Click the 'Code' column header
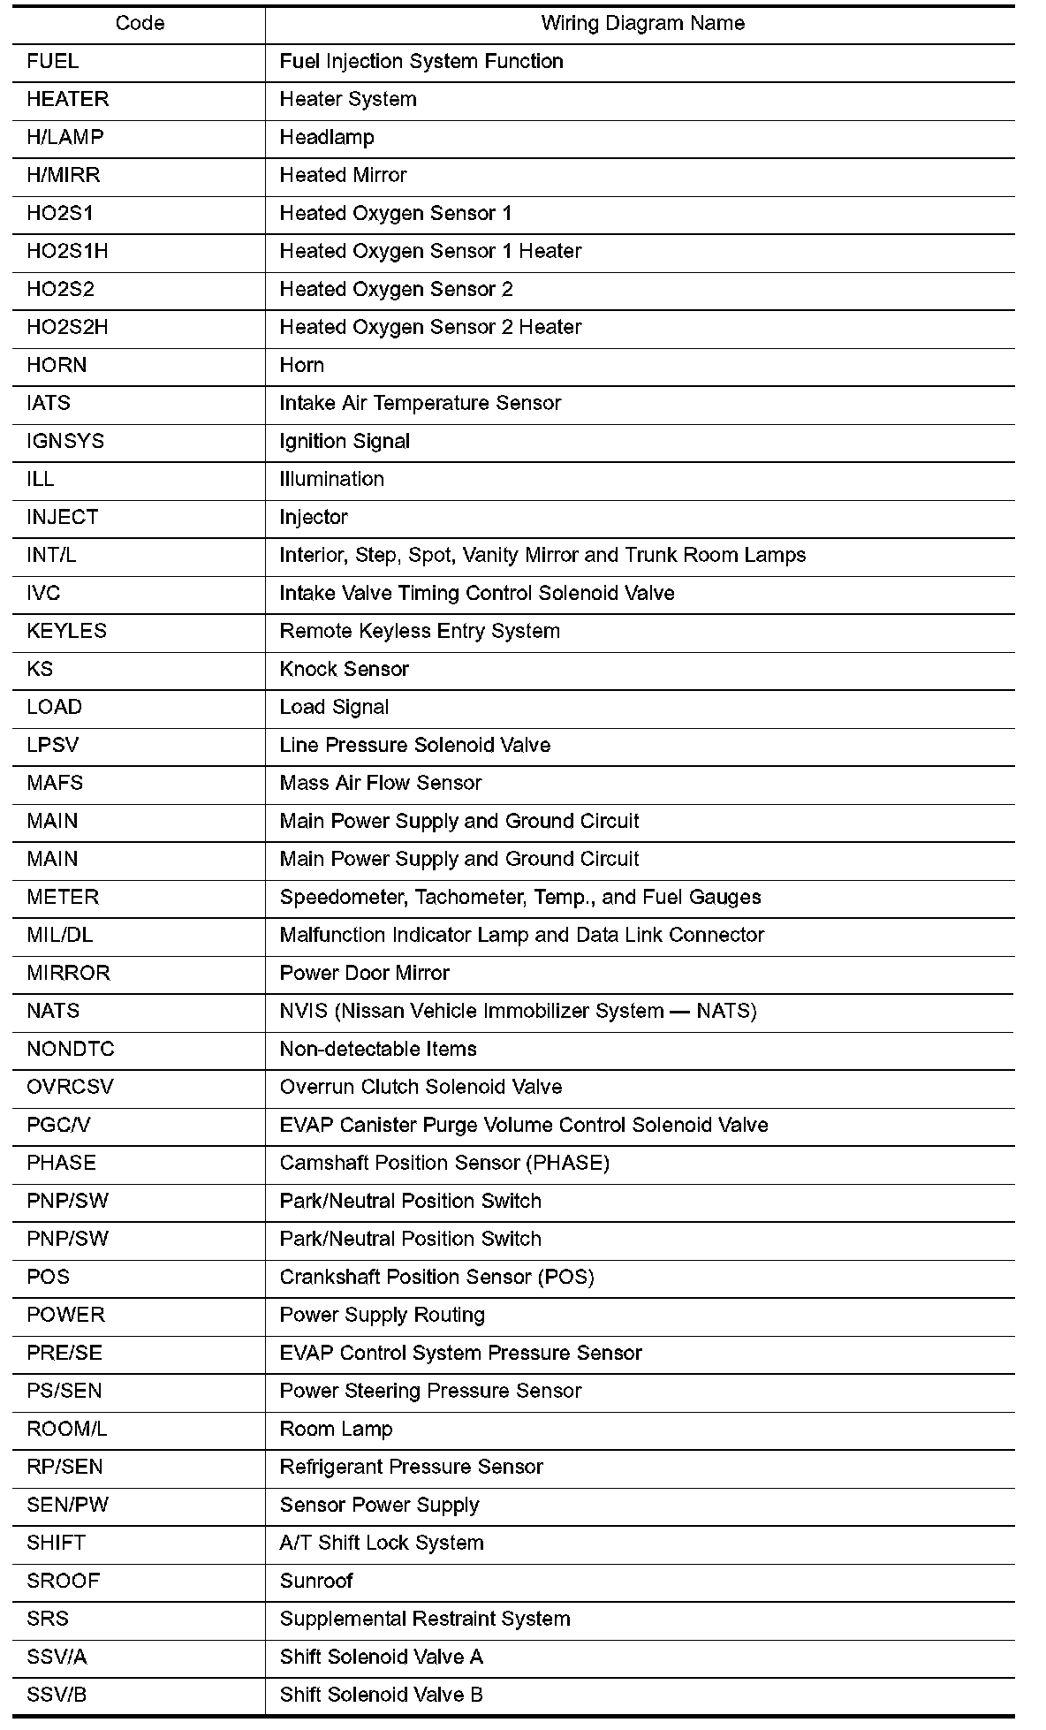click(140, 24)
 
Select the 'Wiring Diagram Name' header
click(642, 24)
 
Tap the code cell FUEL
click(52, 62)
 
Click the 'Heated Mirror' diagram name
click(343, 176)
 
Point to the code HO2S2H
click(67, 328)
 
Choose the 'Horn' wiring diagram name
click(301, 366)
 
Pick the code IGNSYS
click(65, 442)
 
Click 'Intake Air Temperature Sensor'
click(420, 404)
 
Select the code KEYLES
click(66, 632)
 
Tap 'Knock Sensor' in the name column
click(344, 670)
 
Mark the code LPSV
click(52, 746)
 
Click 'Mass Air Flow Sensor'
click(380, 784)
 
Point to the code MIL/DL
click(59, 936)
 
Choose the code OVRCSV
click(70, 1088)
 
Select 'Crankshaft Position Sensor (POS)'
click(436, 1278)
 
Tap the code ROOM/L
click(66, 1430)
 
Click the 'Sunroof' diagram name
click(315, 1582)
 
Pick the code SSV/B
click(57, 1696)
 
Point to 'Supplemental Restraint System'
click(424, 1620)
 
